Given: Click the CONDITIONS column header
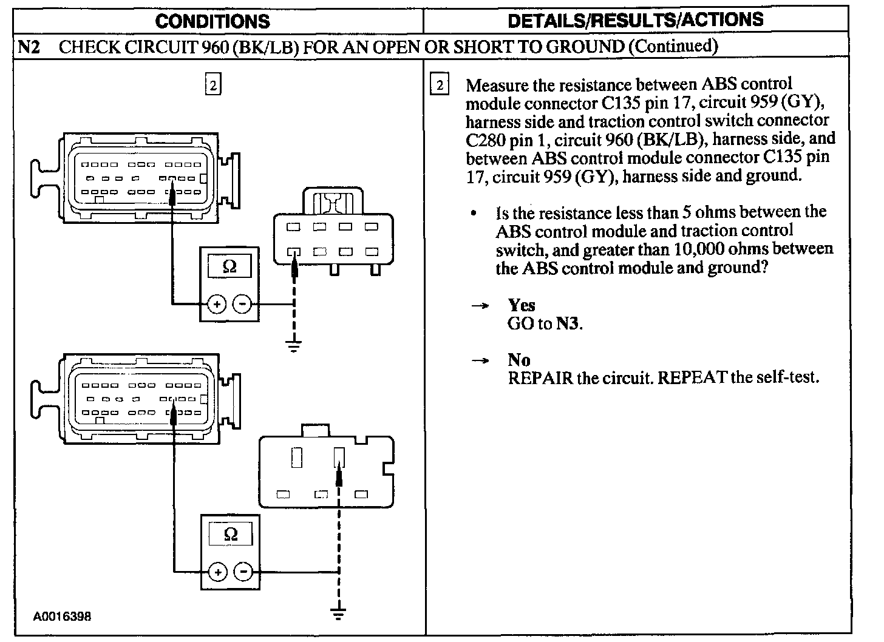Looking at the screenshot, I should pos(212,21).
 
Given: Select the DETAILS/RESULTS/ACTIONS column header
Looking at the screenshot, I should pos(635,20).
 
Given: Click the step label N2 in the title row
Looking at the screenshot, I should pos(29,47).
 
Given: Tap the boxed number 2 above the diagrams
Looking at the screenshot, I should pos(212,85).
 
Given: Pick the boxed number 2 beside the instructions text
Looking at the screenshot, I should pos(438,85).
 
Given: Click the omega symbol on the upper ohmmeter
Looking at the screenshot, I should pos(229,266).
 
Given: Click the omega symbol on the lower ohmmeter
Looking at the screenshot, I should pos(231,534).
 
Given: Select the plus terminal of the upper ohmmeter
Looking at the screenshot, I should pos(217,304).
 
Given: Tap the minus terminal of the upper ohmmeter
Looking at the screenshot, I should pos(242,304).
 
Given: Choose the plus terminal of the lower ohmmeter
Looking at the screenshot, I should pos(218,572).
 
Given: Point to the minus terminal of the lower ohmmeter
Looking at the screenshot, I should pos(243,572).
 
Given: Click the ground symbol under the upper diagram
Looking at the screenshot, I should pos(294,347).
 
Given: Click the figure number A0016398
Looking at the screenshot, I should pos(62,617).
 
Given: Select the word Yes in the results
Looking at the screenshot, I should pos(522,305).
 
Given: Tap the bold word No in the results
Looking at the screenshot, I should pos(519,360).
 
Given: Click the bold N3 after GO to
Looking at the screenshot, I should pos(568,323).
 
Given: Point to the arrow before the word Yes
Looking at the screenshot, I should pos(480,305).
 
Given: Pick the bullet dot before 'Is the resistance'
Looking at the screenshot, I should pos(474,214).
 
